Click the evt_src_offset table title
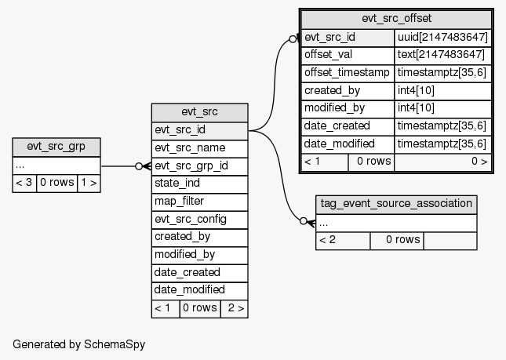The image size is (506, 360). (x=396, y=18)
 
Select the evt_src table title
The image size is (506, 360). (x=199, y=112)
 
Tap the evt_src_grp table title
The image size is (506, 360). (x=56, y=147)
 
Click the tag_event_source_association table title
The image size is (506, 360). (x=396, y=204)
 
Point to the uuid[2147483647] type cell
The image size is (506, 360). (x=442, y=37)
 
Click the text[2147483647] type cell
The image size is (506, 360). (x=442, y=55)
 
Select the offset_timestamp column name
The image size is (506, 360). (x=348, y=73)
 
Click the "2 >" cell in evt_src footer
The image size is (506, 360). (x=234, y=308)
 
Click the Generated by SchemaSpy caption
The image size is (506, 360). (x=79, y=344)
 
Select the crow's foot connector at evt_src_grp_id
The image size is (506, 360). (x=143, y=166)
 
